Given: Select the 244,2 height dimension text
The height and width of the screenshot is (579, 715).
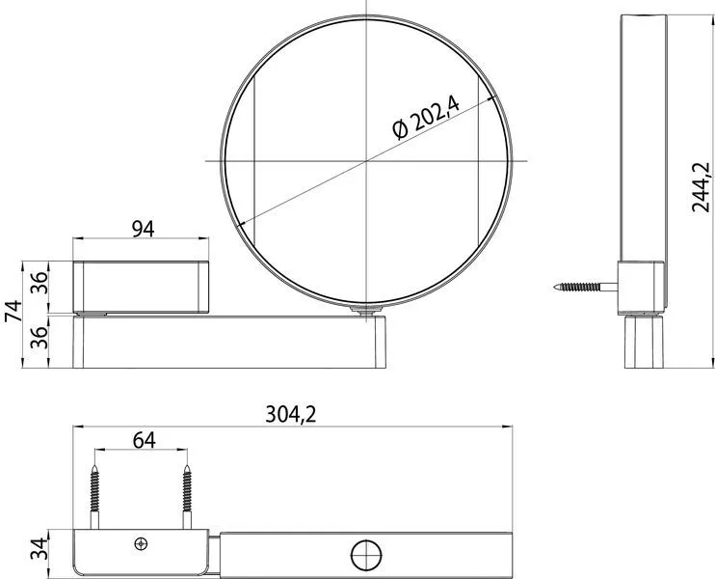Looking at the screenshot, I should (x=702, y=186).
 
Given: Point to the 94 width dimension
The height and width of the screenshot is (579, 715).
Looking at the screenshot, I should (x=143, y=228).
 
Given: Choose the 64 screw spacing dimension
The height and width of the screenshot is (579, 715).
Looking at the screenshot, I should (x=143, y=439).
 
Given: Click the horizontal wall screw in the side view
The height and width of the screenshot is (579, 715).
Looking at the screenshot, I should (x=585, y=287).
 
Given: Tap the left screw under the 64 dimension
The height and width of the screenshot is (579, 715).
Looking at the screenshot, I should (x=96, y=494).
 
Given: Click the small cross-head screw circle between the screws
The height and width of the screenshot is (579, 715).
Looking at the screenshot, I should (x=143, y=543).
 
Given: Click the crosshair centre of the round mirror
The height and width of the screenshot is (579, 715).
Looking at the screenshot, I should (x=366, y=160).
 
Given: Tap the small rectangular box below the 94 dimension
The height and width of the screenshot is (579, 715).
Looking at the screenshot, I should (x=142, y=286).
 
